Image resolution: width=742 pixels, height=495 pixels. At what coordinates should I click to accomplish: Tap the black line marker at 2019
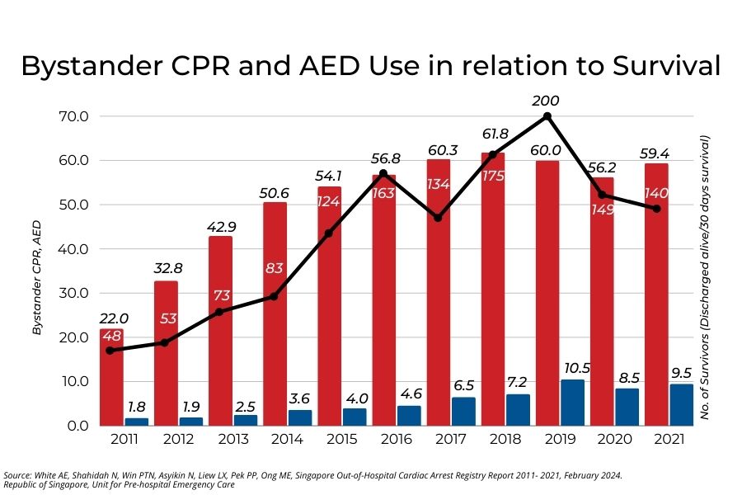[x=547, y=116]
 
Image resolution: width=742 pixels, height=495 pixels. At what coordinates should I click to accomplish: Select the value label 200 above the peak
[x=546, y=101]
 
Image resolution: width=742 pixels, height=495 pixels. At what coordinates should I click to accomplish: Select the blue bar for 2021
[x=681, y=404]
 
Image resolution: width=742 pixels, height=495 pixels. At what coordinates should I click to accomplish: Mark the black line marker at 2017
[x=437, y=218]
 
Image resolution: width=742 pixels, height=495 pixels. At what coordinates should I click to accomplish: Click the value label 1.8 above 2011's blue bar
[x=138, y=406]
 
